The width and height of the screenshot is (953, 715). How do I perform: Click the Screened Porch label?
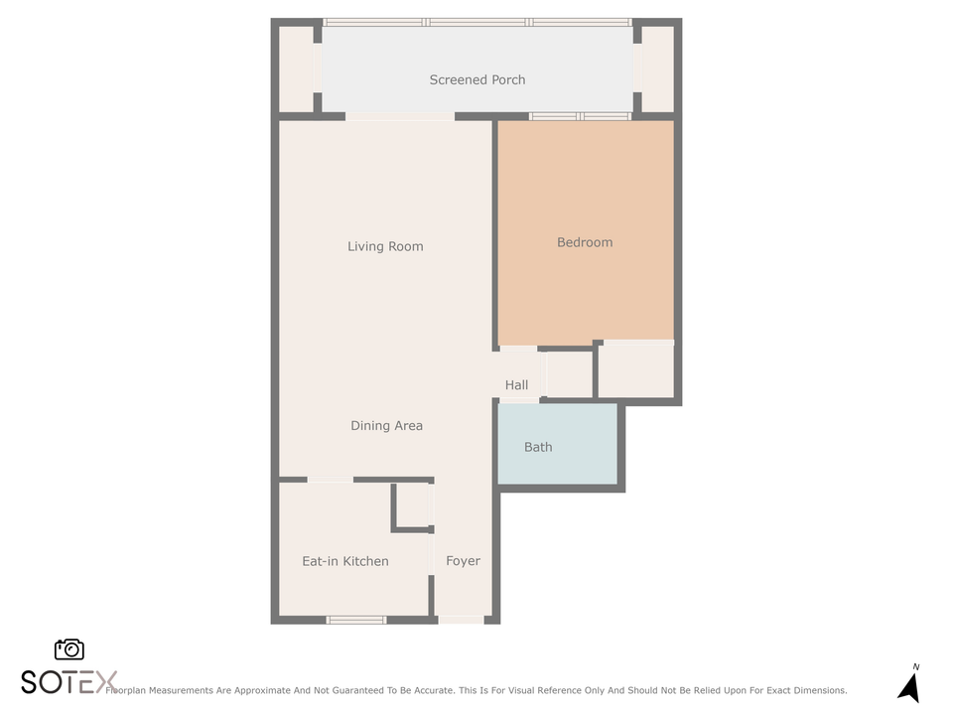pyautogui.click(x=476, y=79)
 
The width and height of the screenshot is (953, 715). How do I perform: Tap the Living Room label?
pyautogui.click(x=385, y=246)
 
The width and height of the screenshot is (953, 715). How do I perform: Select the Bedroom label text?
pyautogui.click(x=585, y=242)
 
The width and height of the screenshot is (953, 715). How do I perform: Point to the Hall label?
pyautogui.click(x=516, y=385)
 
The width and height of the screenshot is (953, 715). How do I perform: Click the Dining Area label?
pyautogui.click(x=386, y=426)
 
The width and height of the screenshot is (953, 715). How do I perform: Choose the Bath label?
pyautogui.click(x=538, y=447)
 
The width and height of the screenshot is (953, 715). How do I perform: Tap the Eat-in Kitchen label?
pyautogui.click(x=345, y=561)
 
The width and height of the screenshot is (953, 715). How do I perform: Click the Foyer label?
pyautogui.click(x=463, y=561)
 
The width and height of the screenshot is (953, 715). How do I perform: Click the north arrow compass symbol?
pyautogui.click(x=908, y=684)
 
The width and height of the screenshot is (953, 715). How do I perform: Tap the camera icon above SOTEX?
pyautogui.click(x=69, y=649)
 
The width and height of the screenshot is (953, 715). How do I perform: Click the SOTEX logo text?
pyautogui.click(x=68, y=682)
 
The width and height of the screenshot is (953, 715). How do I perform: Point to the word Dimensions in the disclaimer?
pyautogui.click(x=814, y=690)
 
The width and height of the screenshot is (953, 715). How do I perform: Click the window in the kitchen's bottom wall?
pyautogui.click(x=356, y=620)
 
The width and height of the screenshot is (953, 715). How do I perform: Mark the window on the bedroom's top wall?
pyautogui.click(x=580, y=116)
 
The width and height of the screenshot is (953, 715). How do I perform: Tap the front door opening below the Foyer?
pyautogui.click(x=462, y=620)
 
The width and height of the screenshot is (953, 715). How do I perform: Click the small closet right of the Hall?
pyautogui.click(x=569, y=374)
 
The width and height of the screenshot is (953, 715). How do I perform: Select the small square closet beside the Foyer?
pyautogui.click(x=414, y=506)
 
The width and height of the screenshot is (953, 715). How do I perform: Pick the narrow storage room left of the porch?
pyautogui.click(x=296, y=69)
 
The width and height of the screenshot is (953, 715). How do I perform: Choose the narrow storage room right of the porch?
pyautogui.click(x=657, y=69)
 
